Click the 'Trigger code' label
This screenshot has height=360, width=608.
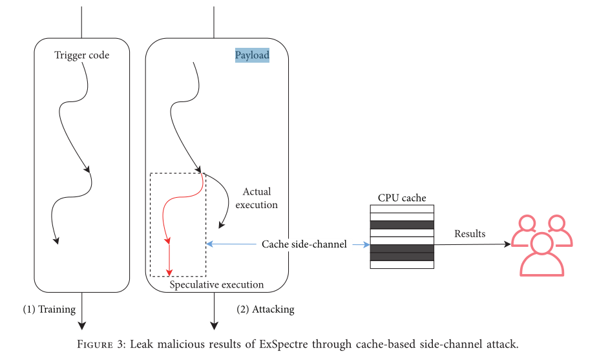[x=82, y=56]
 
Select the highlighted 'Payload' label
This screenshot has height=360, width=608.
[x=252, y=56]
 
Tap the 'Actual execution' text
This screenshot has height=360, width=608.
[x=257, y=198]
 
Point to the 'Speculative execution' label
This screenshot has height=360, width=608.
[x=216, y=284]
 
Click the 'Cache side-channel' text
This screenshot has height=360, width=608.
[x=304, y=244]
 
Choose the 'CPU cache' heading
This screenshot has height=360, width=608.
[x=401, y=198]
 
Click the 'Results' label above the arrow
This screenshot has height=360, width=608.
[x=470, y=233]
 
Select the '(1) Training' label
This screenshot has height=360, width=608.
[x=49, y=309]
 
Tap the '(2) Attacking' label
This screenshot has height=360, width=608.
[x=266, y=309]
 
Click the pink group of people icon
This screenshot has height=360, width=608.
[x=541, y=244]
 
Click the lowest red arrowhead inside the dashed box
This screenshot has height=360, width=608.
[x=169, y=271]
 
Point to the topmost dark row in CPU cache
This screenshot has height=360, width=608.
[x=401, y=225]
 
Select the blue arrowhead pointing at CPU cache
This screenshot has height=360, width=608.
[x=365, y=244]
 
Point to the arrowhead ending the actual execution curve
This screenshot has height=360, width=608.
[x=221, y=226]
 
